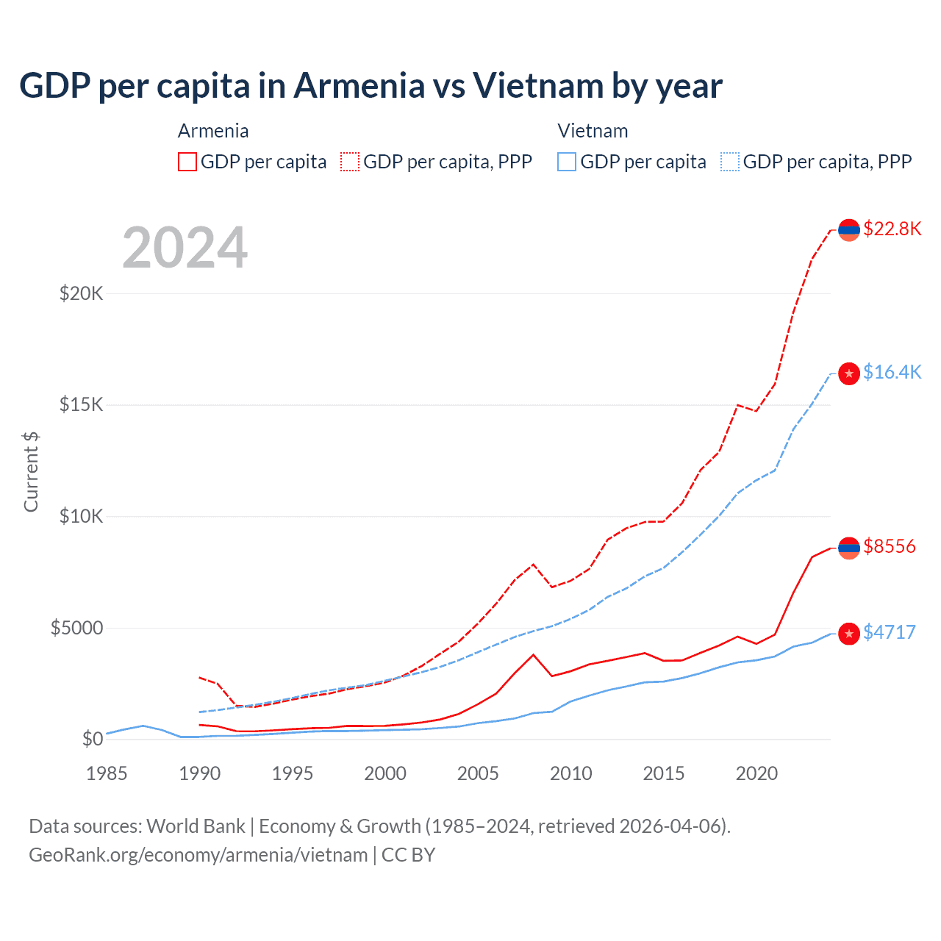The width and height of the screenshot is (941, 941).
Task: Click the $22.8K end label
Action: tap(892, 229)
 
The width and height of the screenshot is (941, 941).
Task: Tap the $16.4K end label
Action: tap(892, 372)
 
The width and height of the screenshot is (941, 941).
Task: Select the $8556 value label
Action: tap(889, 546)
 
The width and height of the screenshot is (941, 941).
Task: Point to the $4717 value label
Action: tap(889, 632)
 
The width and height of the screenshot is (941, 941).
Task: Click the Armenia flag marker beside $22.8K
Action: tap(849, 230)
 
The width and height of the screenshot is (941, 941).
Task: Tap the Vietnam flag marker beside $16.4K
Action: tap(849, 373)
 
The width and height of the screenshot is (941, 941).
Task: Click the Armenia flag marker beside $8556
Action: tap(849, 548)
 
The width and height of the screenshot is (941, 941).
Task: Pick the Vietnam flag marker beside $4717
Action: tap(849, 634)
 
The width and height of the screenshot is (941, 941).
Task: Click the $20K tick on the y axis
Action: tap(82, 294)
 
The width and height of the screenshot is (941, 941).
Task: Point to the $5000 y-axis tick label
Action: tap(77, 629)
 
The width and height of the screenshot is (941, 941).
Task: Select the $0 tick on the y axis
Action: tap(93, 739)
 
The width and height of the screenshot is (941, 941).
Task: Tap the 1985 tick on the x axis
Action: tap(107, 773)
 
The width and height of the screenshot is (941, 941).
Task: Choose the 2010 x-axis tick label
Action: tap(571, 773)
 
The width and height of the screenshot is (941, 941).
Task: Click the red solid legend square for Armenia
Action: tap(187, 162)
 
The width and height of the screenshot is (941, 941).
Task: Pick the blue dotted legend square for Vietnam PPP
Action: tap(730, 162)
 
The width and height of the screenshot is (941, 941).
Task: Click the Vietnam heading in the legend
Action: tap(593, 131)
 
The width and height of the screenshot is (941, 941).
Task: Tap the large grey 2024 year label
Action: tap(185, 248)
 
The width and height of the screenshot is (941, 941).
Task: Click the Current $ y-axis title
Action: tap(31, 472)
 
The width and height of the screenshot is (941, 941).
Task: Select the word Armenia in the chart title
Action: tap(359, 85)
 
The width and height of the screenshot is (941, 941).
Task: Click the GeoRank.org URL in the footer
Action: tap(198, 855)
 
